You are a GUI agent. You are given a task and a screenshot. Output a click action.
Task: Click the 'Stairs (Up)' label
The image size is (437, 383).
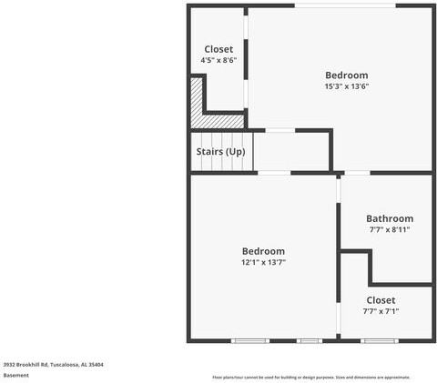221,151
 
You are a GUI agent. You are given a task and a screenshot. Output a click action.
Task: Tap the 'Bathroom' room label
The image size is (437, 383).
390,218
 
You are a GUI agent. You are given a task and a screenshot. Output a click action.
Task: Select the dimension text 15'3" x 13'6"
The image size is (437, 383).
347,86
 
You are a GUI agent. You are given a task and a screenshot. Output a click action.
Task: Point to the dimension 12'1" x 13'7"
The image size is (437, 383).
263,262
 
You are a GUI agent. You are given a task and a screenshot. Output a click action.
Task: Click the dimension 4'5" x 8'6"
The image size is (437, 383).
218,60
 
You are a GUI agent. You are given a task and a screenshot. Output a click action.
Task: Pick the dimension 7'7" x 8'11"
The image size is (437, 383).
390,229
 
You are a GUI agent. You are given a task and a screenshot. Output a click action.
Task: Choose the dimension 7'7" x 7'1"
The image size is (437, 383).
381,311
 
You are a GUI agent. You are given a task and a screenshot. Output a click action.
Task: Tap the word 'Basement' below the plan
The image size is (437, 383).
16,375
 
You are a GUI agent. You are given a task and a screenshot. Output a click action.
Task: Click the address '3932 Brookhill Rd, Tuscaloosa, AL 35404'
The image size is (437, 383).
53,364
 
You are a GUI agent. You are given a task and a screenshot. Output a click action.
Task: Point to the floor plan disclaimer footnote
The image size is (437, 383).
311,377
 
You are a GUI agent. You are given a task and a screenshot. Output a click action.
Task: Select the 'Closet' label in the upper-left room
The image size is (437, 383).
218,49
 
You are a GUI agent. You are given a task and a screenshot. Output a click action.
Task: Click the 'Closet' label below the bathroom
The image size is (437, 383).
381,299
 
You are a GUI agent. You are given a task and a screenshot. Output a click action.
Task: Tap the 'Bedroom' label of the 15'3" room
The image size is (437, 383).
347,75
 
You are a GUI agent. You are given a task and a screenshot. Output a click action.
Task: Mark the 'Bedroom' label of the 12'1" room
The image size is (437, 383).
263,251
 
